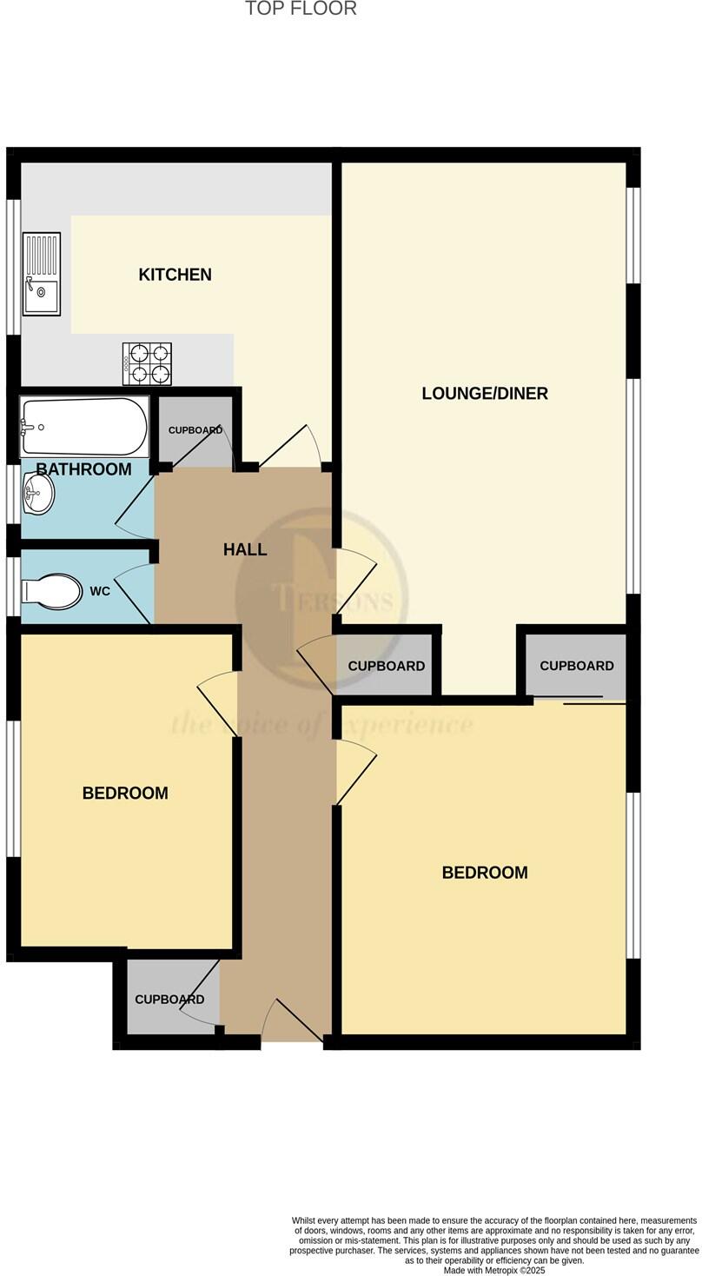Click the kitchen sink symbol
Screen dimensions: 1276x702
click(41, 274)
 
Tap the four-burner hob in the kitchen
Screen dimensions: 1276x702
click(147, 363)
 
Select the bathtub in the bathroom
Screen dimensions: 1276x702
click(84, 426)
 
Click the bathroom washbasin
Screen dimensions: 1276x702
click(37, 494)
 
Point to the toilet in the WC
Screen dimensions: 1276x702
click(52, 590)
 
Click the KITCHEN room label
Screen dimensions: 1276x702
click(175, 275)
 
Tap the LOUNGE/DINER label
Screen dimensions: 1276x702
click(484, 394)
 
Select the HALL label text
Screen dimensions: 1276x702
click(244, 549)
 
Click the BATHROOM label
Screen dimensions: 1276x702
click(83, 469)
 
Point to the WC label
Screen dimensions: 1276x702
click(100, 591)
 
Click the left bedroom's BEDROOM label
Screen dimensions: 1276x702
click(125, 793)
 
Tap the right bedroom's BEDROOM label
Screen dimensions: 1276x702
click(484, 873)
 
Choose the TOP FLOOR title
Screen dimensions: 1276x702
click(301, 9)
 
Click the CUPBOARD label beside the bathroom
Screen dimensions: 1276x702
click(195, 430)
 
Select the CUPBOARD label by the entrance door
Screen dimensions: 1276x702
click(169, 1000)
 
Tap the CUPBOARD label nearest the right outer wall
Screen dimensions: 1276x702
click(576, 666)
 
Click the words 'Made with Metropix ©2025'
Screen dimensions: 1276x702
click(493, 1270)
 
